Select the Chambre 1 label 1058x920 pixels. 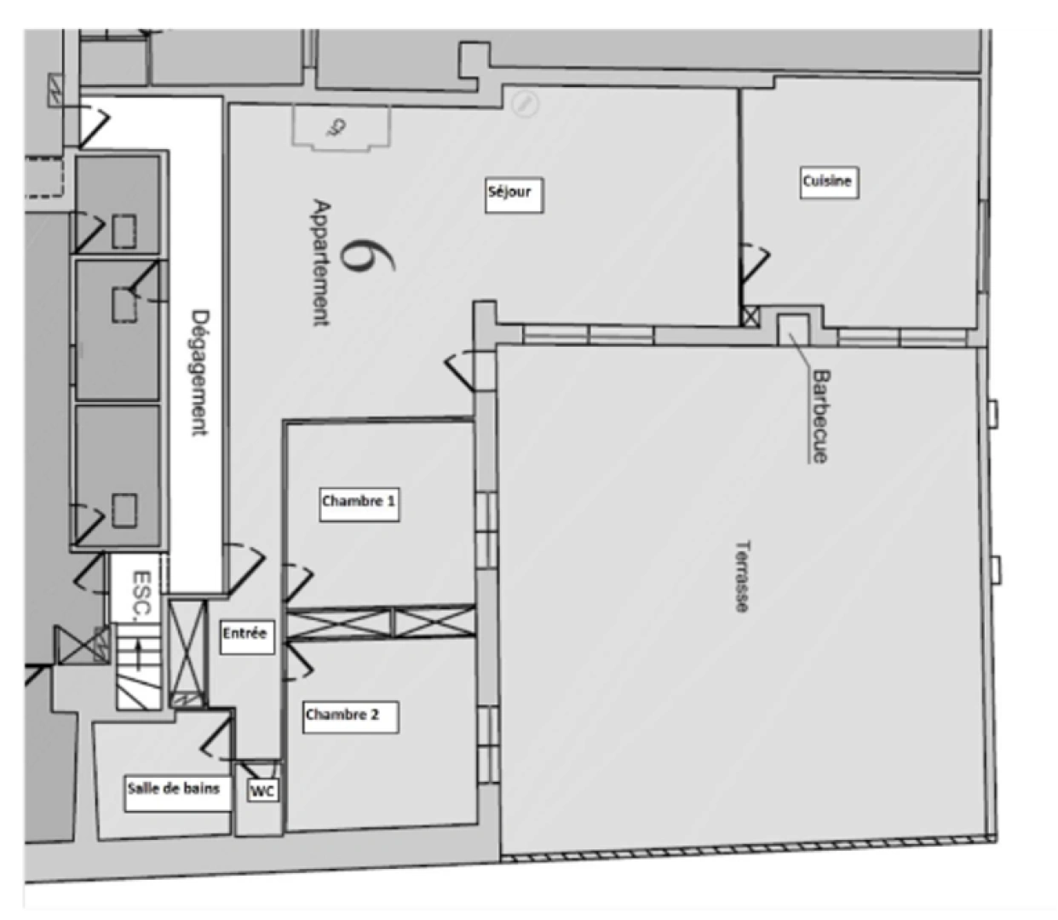coord(359,503)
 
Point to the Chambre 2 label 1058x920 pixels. coord(350,716)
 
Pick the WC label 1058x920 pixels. coord(262,791)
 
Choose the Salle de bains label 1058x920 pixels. coord(176,791)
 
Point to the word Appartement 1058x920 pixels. coord(321,262)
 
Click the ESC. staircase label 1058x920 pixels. coord(142,593)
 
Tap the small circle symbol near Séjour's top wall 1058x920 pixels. coord(526,103)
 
